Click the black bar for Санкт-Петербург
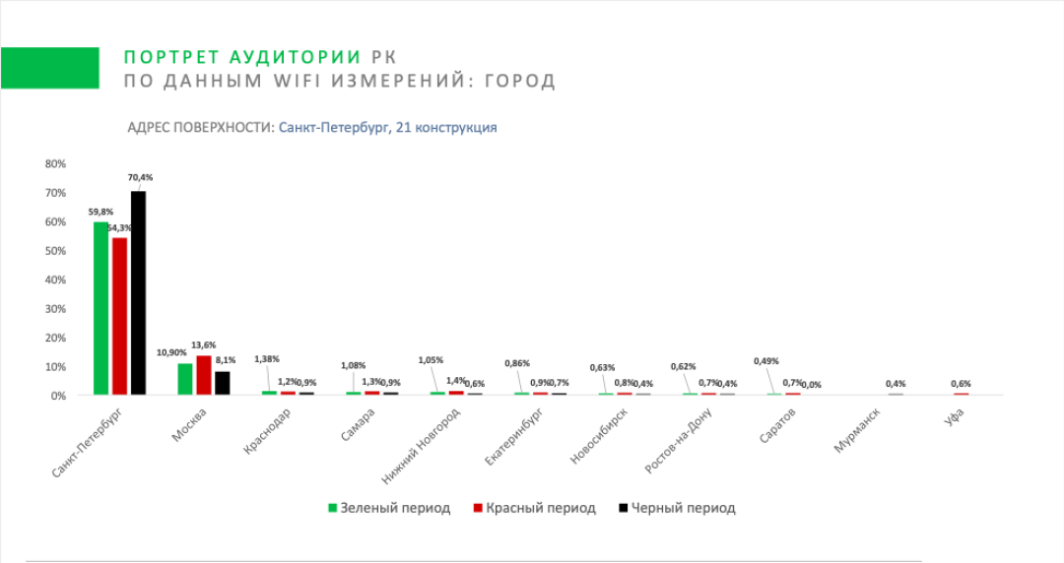point(138,293)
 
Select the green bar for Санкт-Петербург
point(100,308)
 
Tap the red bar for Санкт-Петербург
point(119,316)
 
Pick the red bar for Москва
point(204,376)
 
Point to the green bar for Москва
point(185,379)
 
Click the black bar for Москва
point(223,383)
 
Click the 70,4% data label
point(140,178)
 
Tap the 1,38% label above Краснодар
point(267,359)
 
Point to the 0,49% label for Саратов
point(765,360)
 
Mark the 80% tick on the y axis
point(55,164)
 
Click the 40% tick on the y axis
point(55,280)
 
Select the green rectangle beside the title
point(49,68)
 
